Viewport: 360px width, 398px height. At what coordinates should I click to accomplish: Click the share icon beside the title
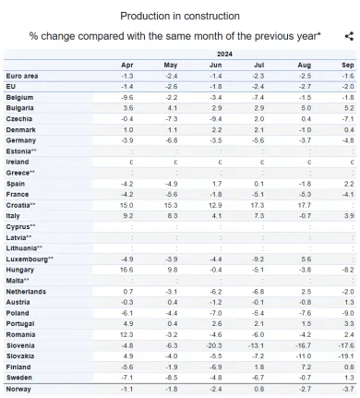tap(349, 36)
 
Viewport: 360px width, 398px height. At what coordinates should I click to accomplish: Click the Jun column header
tap(215, 64)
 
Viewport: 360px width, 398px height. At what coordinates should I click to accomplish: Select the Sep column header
tap(348, 64)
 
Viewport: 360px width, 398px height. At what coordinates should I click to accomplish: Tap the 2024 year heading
tap(225, 55)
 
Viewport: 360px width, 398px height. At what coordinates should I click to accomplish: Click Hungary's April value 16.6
tap(126, 269)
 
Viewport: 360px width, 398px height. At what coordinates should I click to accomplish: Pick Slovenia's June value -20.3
tap(214, 344)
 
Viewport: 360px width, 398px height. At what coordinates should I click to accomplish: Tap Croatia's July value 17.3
tap(259, 204)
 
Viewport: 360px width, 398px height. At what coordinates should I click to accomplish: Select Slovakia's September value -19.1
tap(346, 356)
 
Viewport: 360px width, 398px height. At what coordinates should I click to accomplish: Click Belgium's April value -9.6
tap(127, 97)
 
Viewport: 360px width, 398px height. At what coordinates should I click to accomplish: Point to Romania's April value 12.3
tap(126, 334)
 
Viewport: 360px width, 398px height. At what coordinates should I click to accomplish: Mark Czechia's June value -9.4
tap(216, 118)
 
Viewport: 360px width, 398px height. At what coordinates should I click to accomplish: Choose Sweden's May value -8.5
tap(171, 377)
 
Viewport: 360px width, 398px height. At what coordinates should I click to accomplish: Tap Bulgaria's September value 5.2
tap(348, 107)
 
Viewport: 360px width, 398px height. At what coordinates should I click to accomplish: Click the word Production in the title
tap(145, 17)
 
